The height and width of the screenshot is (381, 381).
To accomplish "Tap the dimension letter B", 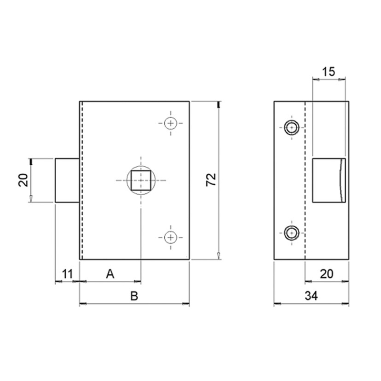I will (134, 296).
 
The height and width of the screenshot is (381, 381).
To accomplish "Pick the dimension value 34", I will (311, 296).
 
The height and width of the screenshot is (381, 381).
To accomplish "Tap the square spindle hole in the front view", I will (141, 180).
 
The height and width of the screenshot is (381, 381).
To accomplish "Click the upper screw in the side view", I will (291, 127).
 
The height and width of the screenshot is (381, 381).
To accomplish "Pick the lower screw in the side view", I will (291, 233).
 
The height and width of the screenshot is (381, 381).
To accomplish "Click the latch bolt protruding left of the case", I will (67, 180).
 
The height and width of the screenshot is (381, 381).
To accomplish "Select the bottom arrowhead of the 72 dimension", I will (218, 257).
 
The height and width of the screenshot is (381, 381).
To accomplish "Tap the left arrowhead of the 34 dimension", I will (277, 303).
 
